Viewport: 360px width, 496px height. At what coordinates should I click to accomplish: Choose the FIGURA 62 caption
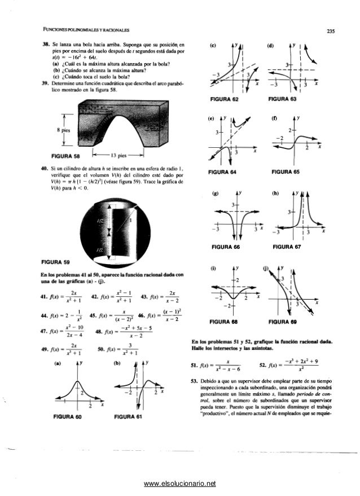223,99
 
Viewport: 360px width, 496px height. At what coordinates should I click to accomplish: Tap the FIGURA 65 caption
287,172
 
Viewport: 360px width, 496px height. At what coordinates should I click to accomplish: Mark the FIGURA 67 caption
287,246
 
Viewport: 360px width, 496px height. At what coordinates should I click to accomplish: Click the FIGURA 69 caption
287,321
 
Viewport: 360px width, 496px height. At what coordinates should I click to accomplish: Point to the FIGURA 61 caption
131,416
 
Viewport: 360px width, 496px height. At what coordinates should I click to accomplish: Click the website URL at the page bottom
180,483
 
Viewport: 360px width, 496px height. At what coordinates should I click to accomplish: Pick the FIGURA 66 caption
223,246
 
